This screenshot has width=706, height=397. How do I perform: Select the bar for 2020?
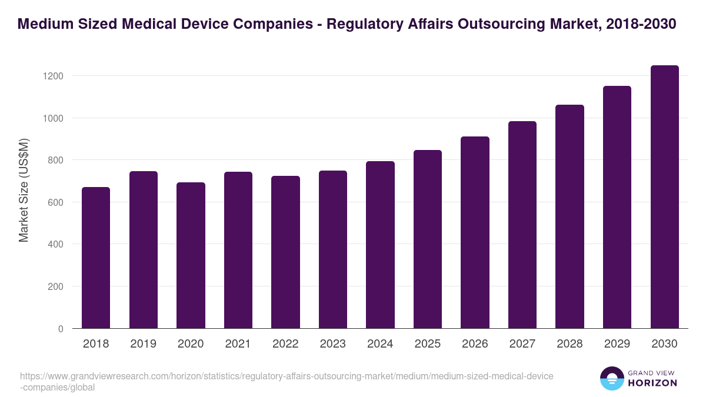191,255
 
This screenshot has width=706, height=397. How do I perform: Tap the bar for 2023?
333,249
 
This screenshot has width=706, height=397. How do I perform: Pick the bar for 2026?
475,232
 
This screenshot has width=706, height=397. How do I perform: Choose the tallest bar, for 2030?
664,197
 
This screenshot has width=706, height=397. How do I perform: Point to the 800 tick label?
55,160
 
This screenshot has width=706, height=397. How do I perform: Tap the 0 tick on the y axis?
61,329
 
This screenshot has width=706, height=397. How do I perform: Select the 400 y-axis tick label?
55,244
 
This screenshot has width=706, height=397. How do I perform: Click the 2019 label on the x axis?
144,344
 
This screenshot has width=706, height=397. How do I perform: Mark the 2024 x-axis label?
380,344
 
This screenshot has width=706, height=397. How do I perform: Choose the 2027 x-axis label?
522,344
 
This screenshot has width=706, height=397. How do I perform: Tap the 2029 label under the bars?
617,344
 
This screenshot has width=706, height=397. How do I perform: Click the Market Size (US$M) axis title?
24,189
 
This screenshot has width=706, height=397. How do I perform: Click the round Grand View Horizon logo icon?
611,379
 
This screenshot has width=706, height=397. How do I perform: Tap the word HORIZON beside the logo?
653,383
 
